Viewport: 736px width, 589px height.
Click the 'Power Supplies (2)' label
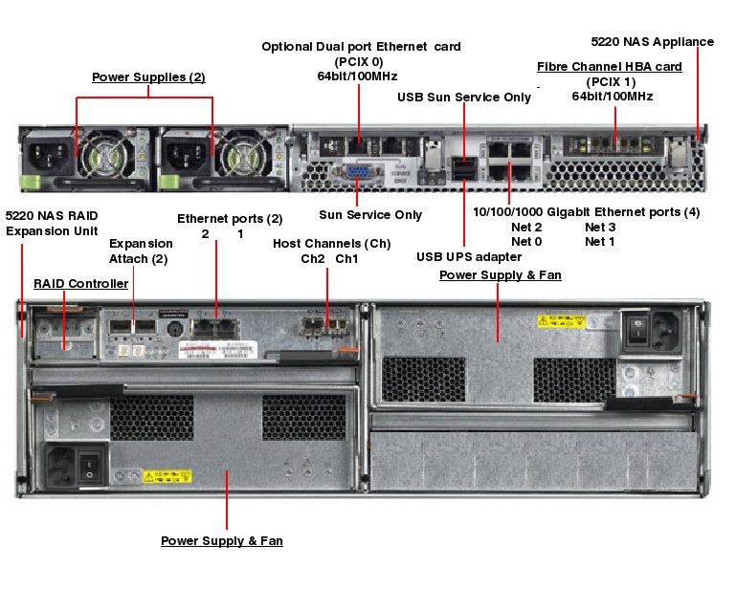click(148, 76)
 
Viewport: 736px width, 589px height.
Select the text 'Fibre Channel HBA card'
click(609, 66)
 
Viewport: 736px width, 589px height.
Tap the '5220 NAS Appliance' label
click(652, 41)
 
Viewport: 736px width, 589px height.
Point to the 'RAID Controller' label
click(80, 284)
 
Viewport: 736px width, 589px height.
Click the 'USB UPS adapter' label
click(468, 256)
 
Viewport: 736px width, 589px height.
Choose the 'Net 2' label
click(526, 228)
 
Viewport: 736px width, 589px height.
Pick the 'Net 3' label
click(600, 228)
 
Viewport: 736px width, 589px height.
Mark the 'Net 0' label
click(526, 242)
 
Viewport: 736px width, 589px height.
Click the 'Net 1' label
click(600, 242)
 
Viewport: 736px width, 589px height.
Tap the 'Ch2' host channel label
click(313, 259)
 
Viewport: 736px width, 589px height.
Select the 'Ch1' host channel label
click(346, 259)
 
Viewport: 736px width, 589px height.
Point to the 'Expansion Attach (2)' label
click(140, 251)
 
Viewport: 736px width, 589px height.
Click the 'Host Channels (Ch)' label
click(330, 244)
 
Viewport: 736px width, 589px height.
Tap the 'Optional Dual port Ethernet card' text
click(361, 46)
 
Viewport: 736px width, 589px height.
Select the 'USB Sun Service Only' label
click(464, 98)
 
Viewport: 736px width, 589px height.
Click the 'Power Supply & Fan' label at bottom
click(221, 541)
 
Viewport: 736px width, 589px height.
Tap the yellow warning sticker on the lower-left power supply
click(159, 475)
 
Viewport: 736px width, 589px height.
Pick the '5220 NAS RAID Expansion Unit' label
click(52, 223)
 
